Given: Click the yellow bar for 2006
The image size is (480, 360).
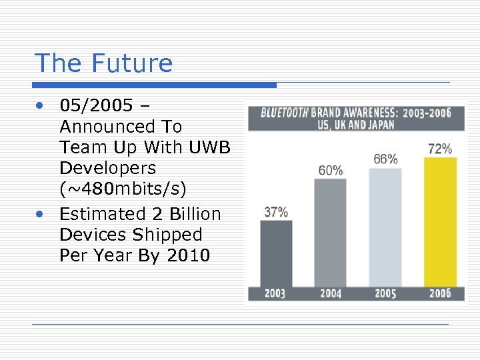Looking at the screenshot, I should pos(440,221).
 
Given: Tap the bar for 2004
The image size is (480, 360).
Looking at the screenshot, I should pos(331,233).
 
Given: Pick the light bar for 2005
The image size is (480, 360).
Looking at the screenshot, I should pos(385,227).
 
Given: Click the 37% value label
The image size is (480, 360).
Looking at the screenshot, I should pos(276,212).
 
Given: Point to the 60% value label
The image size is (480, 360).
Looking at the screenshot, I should pos(331,171).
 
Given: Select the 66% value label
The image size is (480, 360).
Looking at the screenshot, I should pos(385,159).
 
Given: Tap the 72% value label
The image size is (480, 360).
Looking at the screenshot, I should pos(440,149).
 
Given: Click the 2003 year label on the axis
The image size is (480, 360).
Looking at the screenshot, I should pos(276,293).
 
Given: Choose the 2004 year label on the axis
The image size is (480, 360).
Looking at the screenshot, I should pos(331,293).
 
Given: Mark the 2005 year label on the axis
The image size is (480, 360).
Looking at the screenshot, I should pos(385,293).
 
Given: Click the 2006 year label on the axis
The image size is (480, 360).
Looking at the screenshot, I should pos(440,293).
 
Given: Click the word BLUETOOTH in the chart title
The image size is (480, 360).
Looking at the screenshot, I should pos(284,113).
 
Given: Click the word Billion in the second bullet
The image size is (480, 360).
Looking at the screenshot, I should pos(193,214).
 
